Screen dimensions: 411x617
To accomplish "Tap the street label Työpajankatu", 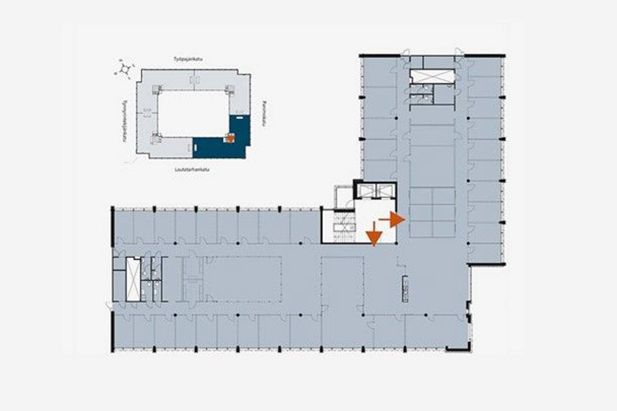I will (188, 59).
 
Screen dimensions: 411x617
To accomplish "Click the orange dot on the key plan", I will (230, 138).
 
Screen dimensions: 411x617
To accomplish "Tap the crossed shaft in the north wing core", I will (432, 76).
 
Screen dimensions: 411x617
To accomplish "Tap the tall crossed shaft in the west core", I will (133, 279).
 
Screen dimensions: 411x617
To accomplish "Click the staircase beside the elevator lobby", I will (344, 227).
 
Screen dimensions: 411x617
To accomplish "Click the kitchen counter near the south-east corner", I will (405, 289).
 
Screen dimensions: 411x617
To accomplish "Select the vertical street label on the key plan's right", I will (264, 114).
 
